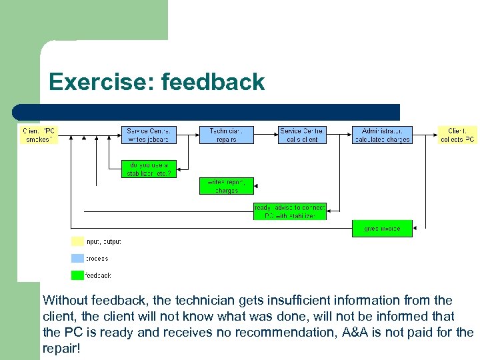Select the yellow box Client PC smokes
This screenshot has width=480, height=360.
tap(39, 135)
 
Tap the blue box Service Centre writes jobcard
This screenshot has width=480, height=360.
tap(149, 135)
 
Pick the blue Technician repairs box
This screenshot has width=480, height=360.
tap(227, 135)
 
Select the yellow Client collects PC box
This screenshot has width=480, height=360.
tap(457, 135)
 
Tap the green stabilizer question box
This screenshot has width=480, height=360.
tap(149, 169)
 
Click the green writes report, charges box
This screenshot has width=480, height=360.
tap(227, 186)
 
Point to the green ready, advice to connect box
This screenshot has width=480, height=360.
tap(290, 211)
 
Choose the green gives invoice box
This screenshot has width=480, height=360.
tap(382, 229)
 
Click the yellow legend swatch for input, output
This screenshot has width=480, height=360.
tap(77, 241)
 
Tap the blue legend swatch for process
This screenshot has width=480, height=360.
tap(77, 259)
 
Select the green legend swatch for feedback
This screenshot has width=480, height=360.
tap(77, 275)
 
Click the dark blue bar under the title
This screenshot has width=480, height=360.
tap(207, 112)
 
